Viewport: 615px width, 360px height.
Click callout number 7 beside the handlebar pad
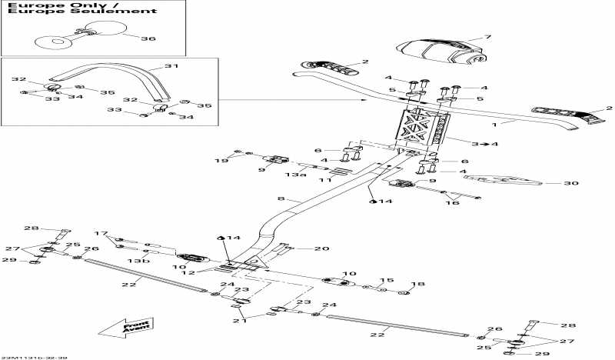(487, 37)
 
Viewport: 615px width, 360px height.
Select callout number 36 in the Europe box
(148, 38)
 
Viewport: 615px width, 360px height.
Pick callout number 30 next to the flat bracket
(570, 183)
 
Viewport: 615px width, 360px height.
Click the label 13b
(136, 262)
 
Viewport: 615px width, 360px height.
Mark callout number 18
(417, 285)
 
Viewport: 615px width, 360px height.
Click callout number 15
(389, 281)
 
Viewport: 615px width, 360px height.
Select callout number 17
(101, 233)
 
